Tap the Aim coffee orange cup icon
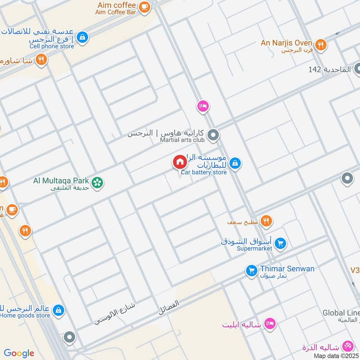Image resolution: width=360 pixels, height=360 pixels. [x=144, y=6]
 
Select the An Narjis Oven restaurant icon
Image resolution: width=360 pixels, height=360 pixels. [x=320, y=44]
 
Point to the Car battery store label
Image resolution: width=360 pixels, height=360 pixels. [x=204, y=172]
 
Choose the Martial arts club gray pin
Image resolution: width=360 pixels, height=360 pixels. [x=213, y=135]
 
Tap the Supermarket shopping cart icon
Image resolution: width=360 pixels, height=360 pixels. [x=280, y=243]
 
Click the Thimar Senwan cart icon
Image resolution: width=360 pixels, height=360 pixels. [x=251, y=270]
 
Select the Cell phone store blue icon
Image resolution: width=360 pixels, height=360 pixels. [x=82, y=37]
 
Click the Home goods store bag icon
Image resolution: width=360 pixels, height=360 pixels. [x=58, y=310]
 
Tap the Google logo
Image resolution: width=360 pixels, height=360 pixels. [x=19, y=353]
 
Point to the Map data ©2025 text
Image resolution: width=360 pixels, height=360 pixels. [x=337, y=355]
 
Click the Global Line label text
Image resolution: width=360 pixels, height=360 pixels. [x=341, y=313]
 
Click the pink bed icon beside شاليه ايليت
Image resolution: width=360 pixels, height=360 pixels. [x=270, y=324]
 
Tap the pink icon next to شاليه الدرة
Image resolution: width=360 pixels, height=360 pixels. [x=347, y=346]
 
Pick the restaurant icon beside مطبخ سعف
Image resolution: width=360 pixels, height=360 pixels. [x=266, y=221]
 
